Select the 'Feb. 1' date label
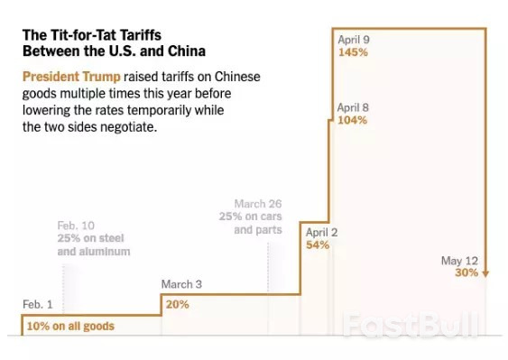[x=38, y=304]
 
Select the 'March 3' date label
[x=181, y=285]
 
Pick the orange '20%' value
[x=177, y=304]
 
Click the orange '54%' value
[x=318, y=245]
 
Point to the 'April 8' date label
[x=353, y=107]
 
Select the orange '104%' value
[x=352, y=120]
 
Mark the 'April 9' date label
[x=353, y=40]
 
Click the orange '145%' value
[x=352, y=52]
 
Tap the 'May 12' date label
[x=458, y=261]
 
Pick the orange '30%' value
[x=466, y=273]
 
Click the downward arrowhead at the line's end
[x=485, y=273]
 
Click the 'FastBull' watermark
[x=411, y=326]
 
